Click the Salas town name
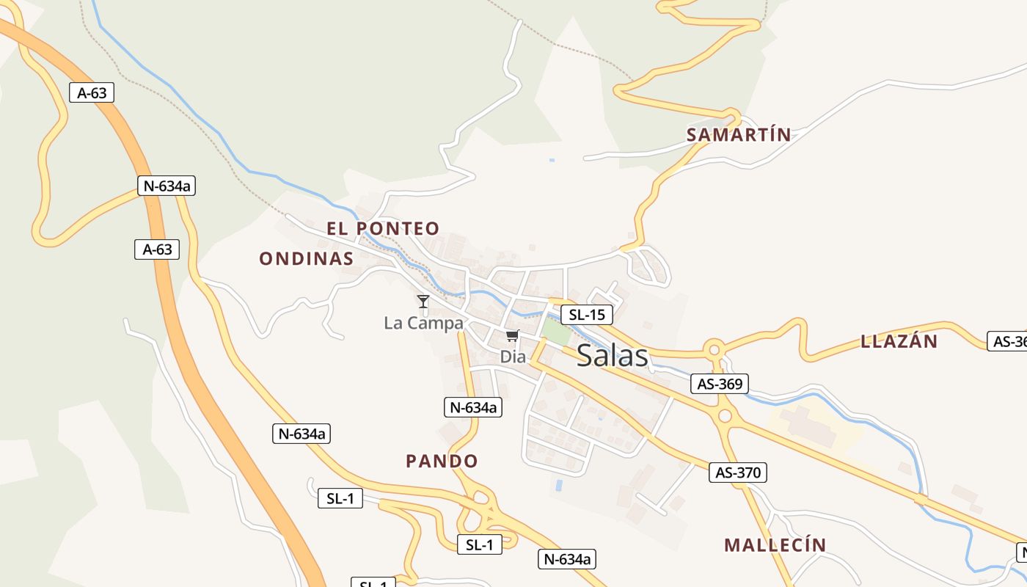click(613, 356)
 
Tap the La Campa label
click(423, 323)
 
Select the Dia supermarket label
click(513, 357)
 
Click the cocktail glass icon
click(423, 301)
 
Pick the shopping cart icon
click(512, 336)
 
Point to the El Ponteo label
click(383, 228)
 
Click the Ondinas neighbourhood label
click(307, 258)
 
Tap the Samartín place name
click(739, 135)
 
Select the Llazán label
click(899, 341)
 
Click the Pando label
click(442, 461)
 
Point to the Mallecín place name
click(775, 545)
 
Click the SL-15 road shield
click(587, 315)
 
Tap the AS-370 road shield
click(738, 473)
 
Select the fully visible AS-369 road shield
click(720, 383)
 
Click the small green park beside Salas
click(556, 332)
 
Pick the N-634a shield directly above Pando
click(473, 407)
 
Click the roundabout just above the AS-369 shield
click(713, 349)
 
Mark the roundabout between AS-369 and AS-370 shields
click(725, 416)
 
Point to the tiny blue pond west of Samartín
click(552, 160)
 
